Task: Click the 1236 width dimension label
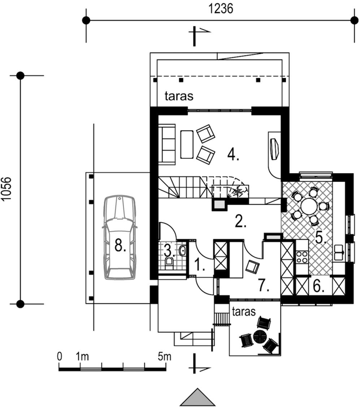point(221,9)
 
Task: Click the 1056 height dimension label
point(6,189)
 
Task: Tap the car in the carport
point(120,237)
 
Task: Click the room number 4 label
point(233,154)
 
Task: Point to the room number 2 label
point(240,222)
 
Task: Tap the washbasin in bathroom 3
point(182,250)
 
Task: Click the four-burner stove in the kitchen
point(302,257)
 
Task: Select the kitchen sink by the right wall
point(339,252)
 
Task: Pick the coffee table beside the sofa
point(187,144)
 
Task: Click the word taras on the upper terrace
point(179,96)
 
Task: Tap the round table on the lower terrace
point(260,337)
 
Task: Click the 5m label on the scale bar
point(164,356)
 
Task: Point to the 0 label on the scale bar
point(60,356)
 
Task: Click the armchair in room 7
point(252,267)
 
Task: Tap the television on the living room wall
point(274,149)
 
